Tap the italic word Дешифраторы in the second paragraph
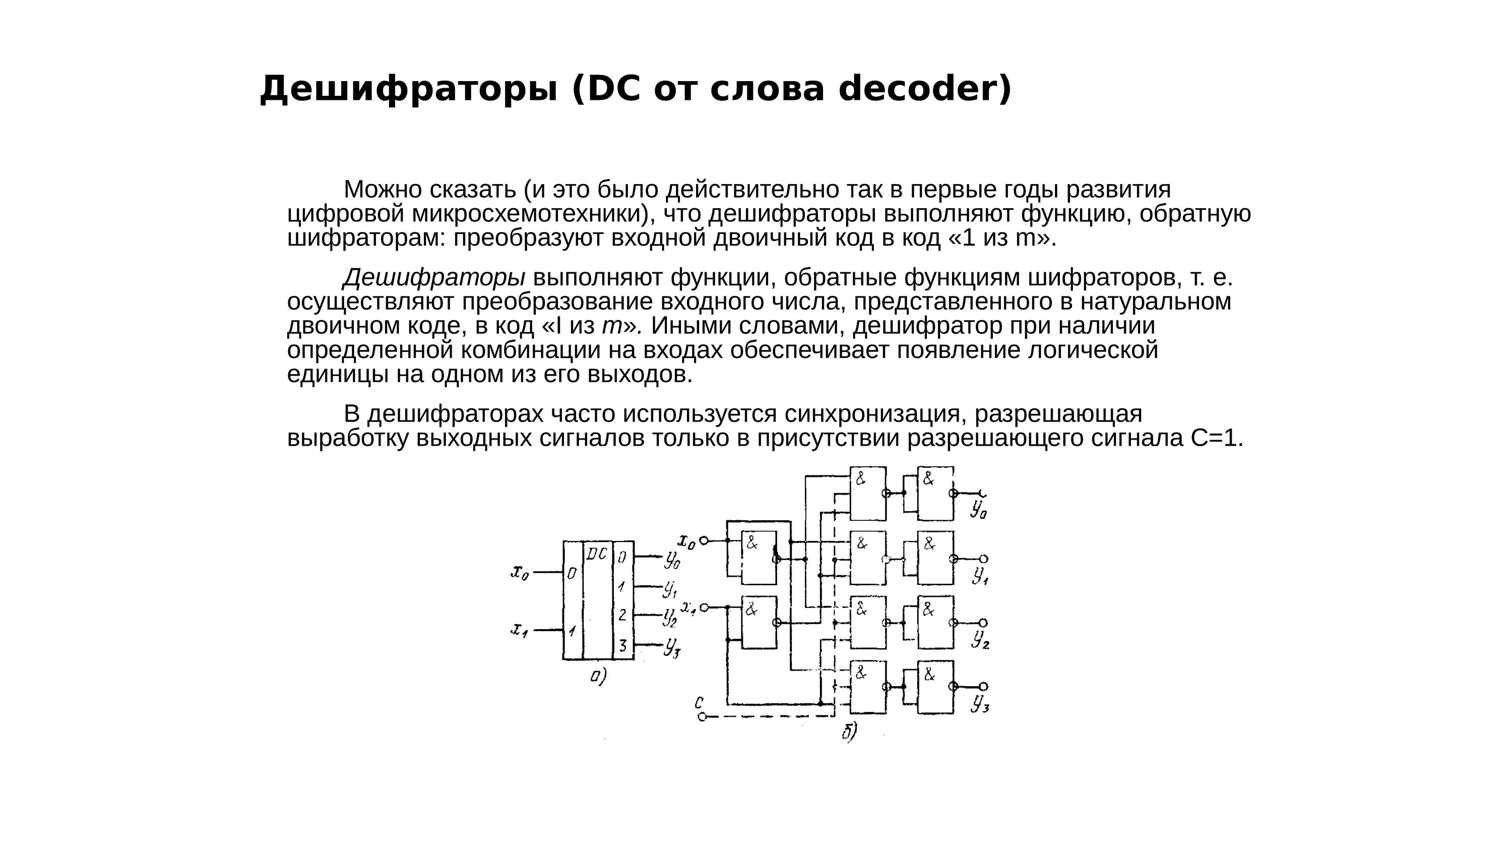pos(434,278)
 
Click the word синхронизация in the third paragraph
pos(875,414)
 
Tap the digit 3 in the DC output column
pos(623,645)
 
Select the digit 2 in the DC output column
pos(623,615)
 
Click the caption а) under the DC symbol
pos(598,677)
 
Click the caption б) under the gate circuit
pos(849,732)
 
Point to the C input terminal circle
pos(702,716)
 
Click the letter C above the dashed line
pos(699,702)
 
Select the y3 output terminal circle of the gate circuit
pos(984,687)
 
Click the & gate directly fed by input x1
pos(759,623)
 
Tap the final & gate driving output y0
pos(935,494)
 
